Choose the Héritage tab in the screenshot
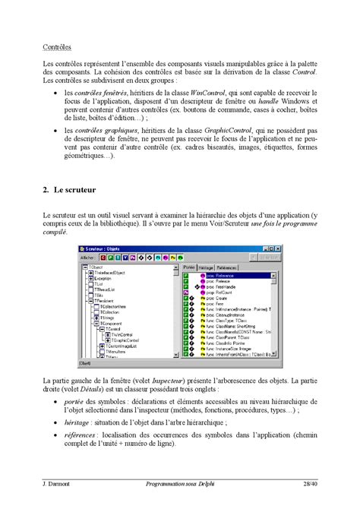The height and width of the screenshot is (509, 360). click(207, 267)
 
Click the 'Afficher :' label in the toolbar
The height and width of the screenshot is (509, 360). click(88, 258)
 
